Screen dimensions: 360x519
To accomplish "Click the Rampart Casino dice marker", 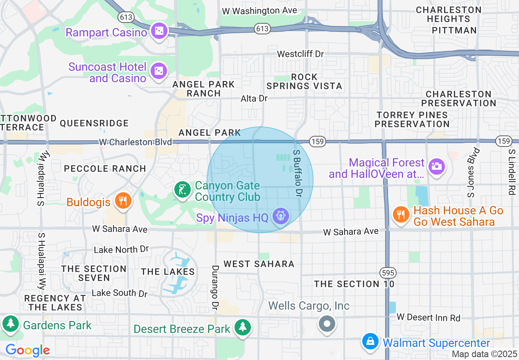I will tap(158, 32).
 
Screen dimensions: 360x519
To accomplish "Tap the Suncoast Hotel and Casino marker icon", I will tap(158, 71).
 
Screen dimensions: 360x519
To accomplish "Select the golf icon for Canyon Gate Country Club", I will tap(182, 190).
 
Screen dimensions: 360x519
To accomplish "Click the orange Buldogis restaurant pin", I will tap(122, 201).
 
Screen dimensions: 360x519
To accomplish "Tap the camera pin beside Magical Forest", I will tap(436, 166).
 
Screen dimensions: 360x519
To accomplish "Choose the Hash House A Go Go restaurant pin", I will tap(401, 214).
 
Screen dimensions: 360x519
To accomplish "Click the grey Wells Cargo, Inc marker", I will tap(327, 324).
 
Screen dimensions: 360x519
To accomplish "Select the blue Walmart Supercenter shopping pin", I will tap(370, 341).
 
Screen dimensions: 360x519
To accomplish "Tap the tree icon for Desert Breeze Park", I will tap(243, 327).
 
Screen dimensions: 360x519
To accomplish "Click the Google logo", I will tap(27, 350).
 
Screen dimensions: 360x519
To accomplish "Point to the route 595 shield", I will tap(387, 272).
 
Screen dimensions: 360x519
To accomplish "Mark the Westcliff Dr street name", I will tap(300, 54).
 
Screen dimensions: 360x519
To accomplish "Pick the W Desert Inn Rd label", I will tap(429, 317).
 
